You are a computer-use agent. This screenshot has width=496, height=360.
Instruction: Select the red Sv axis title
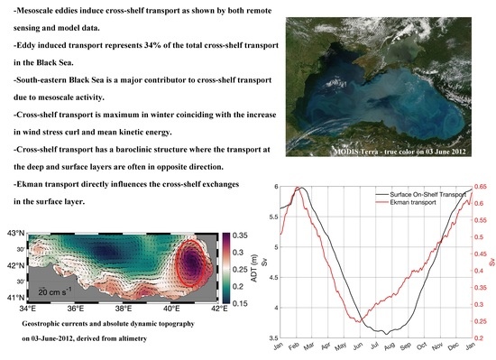pos(491,262)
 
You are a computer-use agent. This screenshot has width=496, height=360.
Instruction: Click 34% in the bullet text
pos(178,63)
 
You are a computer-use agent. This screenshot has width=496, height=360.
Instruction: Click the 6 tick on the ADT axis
pos(271,187)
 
